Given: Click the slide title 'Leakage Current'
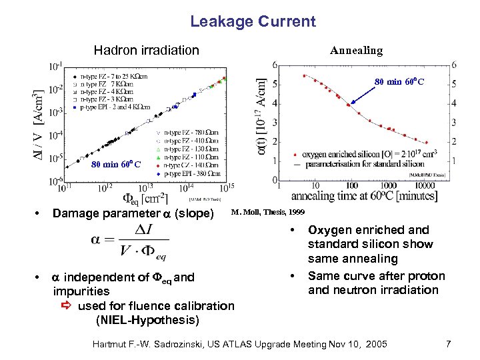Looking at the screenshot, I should [253, 21].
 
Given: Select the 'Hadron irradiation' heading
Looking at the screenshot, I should [146, 50].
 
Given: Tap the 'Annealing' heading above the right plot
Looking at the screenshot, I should [357, 51].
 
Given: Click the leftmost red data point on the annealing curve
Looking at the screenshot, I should [304, 75].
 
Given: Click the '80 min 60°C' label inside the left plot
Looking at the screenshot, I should [116, 165].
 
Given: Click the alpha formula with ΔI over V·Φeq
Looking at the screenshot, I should [131, 242].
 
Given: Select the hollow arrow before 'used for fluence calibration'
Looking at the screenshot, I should [66, 306].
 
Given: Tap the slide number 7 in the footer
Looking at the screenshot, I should [449, 344].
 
